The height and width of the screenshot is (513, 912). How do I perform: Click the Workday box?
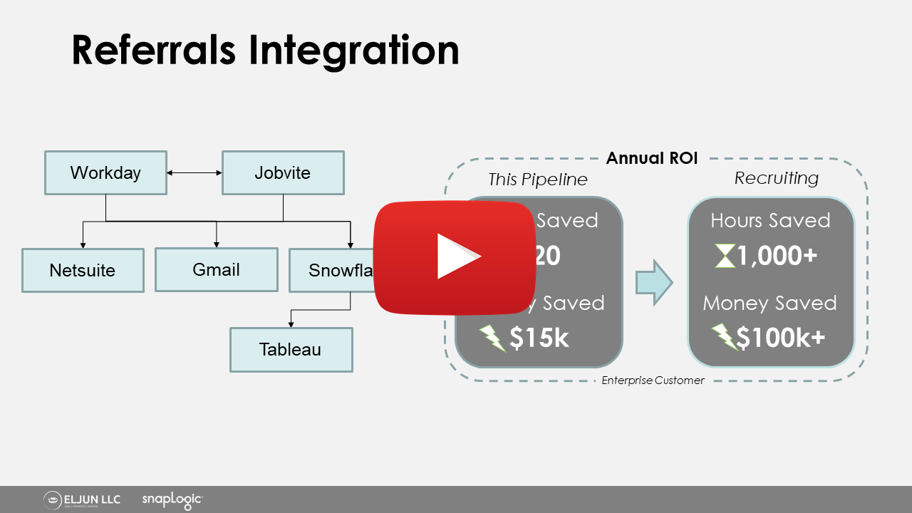pos(105,172)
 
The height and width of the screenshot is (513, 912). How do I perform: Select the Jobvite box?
pos(283,172)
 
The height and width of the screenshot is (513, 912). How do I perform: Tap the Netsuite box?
pos(83,270)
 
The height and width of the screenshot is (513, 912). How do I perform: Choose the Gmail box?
pos(216,269)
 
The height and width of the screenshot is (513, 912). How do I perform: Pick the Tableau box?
pos(291,350)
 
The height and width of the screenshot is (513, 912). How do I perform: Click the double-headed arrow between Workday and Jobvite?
pos(195,172)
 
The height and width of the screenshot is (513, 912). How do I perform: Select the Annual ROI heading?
pos(652,158)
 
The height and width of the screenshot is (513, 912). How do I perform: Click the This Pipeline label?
pos(538,180)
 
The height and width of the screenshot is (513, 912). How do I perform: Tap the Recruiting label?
pos(777,178)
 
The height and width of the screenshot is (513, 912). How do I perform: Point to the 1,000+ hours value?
pos(777,256)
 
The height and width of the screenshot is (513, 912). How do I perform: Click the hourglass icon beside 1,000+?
pos(725,256)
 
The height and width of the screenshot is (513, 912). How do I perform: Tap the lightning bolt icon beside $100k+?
pos(724,337)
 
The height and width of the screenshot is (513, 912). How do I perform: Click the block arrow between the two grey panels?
pos(654,283)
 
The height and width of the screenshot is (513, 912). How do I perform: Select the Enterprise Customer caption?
pos(653,380)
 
